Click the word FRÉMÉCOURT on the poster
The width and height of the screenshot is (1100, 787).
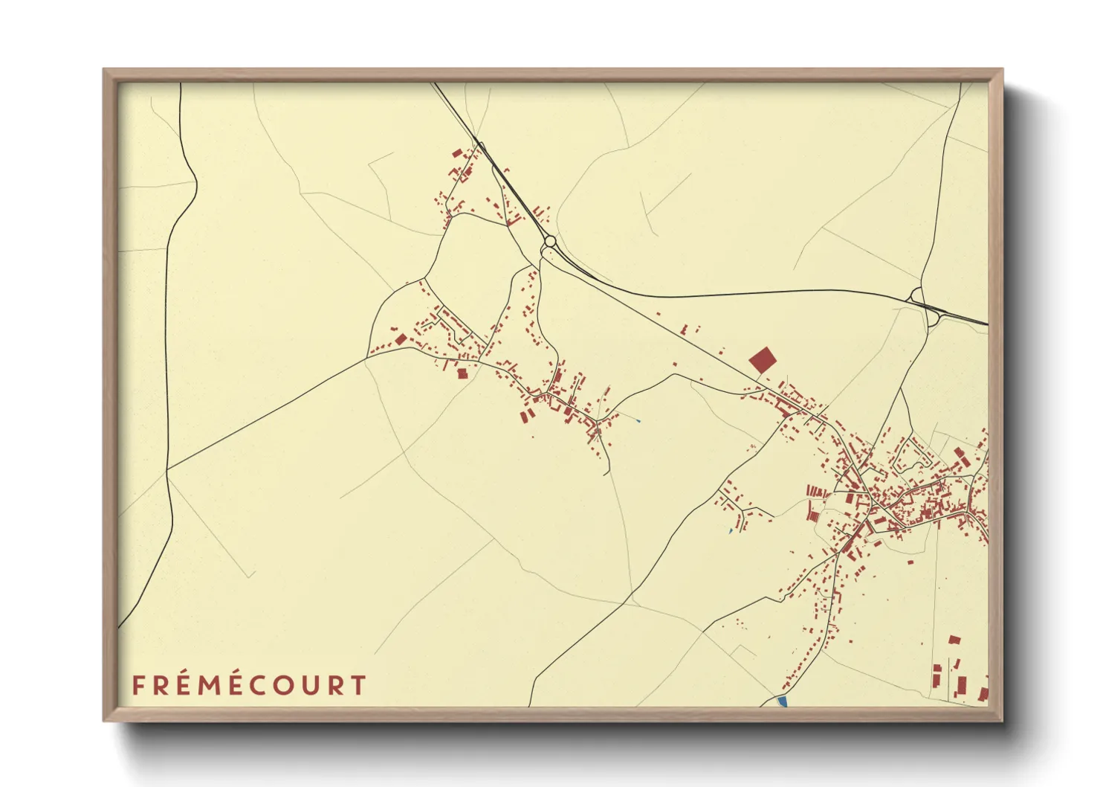[x=249, y=685]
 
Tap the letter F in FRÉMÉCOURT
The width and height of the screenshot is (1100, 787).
[x=137, y=685]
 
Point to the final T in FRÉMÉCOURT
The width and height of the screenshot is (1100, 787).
[x=359, y=685]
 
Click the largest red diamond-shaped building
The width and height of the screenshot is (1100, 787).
[x=762, y=361]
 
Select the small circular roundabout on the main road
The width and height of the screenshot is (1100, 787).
[x=549, y=241]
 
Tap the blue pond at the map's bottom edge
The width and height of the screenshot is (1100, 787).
[x=781, y=701]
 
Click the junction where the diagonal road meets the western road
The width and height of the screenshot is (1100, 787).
[x=167, y=469]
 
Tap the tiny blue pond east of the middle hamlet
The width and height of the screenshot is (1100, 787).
[x=638, y=423]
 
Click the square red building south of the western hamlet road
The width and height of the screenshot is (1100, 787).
[x=462, y=373]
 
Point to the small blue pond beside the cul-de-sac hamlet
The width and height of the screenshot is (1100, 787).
[x=731, y=531]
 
